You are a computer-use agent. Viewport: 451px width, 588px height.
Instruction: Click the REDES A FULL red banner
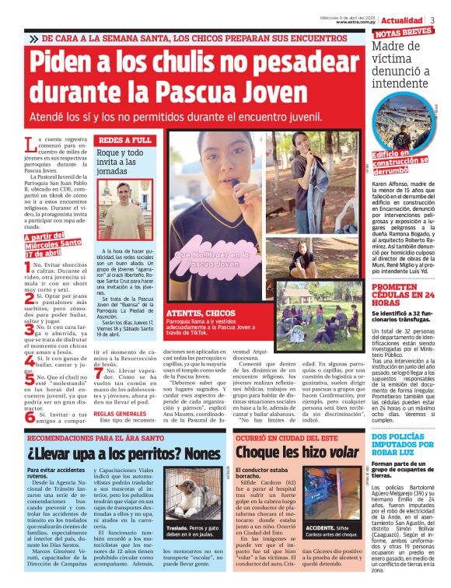124,141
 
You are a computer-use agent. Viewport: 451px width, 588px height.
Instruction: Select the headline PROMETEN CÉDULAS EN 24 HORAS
404,292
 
